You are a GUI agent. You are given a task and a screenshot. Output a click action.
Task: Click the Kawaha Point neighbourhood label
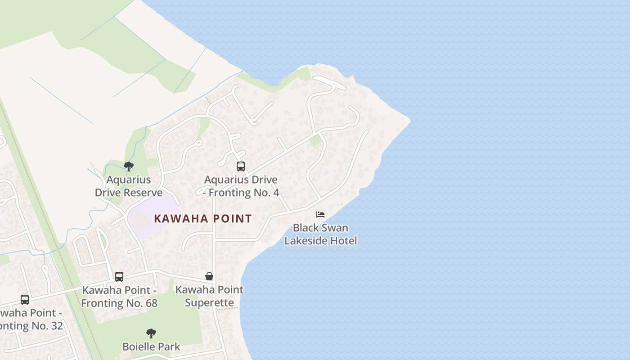[202, 219]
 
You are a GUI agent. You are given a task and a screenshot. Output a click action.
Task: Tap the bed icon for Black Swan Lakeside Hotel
[320, 214]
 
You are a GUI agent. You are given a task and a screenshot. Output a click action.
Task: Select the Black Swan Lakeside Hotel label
[320, 234]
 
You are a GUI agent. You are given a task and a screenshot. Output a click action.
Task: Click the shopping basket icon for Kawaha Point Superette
[209, 276]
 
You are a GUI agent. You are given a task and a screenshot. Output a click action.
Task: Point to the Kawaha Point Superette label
[209, 296]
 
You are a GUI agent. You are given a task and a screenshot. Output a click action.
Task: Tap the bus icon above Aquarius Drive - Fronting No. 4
[241, 166]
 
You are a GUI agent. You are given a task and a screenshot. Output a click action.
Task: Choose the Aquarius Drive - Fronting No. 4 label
[241, 186]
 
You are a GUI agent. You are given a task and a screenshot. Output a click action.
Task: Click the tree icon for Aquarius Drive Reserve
[129, 166]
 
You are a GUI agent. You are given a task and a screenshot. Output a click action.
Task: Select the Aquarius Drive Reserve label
[129, 186]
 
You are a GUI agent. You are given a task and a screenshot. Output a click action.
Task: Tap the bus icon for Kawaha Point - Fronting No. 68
[119, 276]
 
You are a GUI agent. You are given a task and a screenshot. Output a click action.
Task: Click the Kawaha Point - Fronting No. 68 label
[119, 296]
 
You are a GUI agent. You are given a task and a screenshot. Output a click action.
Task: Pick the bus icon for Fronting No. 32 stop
[25, 299]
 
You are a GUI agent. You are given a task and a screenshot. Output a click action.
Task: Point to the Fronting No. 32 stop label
[29, 319]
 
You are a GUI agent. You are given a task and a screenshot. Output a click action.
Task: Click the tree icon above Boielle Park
[151, 333]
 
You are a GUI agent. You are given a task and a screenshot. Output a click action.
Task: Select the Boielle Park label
[151, 346]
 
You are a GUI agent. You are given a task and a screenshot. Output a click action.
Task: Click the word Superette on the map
[209, 302]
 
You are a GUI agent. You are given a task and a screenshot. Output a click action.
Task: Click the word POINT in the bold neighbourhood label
[230, 219]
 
